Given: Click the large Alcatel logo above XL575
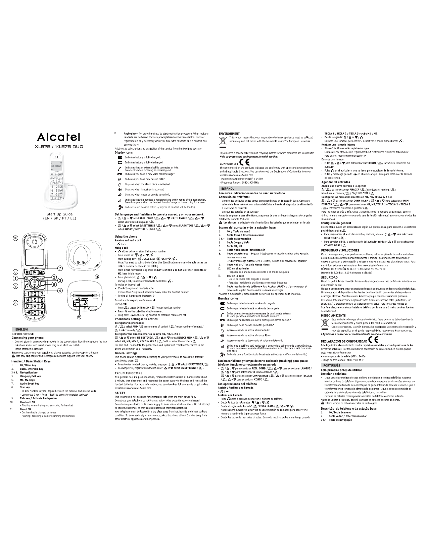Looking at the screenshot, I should pos(59,137).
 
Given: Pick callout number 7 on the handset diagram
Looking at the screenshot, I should pos(60,268).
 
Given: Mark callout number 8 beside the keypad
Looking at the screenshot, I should pos(15,303).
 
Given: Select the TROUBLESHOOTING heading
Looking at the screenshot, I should pos(129,373).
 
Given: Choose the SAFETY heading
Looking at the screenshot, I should pos(120,393).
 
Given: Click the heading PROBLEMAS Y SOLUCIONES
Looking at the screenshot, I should pos(340,250).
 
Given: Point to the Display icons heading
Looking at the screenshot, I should pos(124,153).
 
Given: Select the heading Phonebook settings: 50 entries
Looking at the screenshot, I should pos(136,319).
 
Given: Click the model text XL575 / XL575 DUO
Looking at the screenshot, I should pos(59,147).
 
